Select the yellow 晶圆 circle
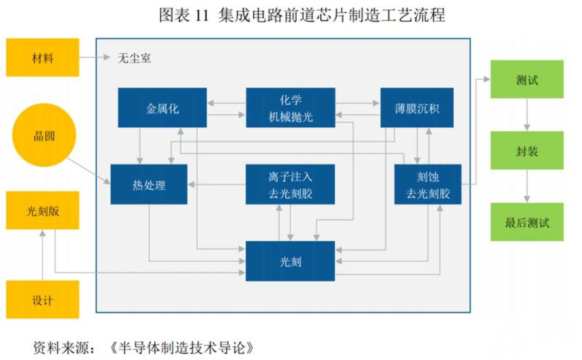[44, 136]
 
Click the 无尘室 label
[135, 57]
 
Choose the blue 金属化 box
[162, 108]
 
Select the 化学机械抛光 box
[290, 108]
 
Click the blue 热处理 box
[149, 185]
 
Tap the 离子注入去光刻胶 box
[290, 184]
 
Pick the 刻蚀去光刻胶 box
[427, 184]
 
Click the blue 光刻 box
[290, 260]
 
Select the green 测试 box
[526, 79]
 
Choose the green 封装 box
[526, 151]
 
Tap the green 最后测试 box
[526, 223]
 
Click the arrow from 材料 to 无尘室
[97, 57]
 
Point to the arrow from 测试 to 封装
[526, 115]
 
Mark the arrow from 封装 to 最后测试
[526, 187]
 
